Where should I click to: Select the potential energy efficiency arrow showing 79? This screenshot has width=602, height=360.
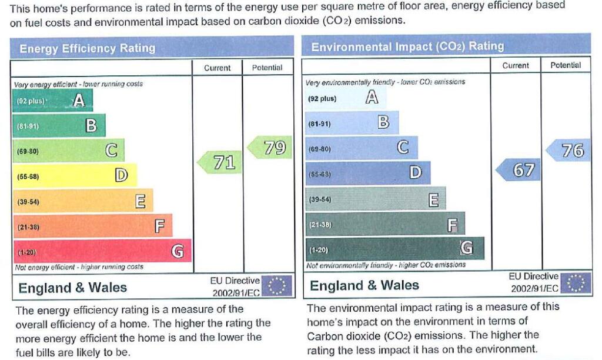coord(269,148)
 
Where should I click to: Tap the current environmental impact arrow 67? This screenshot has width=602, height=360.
coord(519,169)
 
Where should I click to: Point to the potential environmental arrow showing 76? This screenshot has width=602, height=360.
coord(568,150)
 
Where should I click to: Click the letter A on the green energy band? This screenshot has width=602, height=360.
coord(79,101)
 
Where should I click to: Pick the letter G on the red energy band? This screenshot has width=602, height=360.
coord(178,251)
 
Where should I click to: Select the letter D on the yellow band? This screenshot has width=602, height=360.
coord(121,175)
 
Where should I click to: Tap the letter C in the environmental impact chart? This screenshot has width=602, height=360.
coord(403,147)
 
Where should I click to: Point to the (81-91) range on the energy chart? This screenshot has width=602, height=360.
coord(28,126)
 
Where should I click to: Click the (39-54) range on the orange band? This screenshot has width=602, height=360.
coord(28,202)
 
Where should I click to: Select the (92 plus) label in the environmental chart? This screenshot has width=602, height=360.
coord(322,99)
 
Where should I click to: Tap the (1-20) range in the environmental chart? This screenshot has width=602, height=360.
coord(319,250)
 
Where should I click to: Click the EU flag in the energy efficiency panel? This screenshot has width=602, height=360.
coord(276,285)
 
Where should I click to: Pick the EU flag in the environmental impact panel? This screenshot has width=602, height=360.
coord(575,283)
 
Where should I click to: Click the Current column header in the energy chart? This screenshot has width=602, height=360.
coord(218,68)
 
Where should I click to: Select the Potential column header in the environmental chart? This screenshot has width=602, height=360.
coord(566,65)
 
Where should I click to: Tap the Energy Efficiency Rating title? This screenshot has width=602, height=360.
coord(88,48)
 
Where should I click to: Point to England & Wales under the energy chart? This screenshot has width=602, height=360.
coord(72,288)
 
